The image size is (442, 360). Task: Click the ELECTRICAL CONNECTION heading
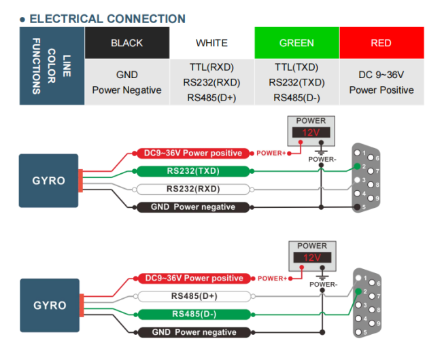[107, 19]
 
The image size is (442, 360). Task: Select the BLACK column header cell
[126, 43]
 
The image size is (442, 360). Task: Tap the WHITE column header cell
[211, 43]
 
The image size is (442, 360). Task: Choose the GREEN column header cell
[296, 43]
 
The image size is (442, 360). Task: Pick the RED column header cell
[381, 43]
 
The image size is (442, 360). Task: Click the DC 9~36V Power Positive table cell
[381, 82]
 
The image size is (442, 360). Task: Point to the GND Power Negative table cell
[126, 82]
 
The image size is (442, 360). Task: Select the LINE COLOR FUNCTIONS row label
[52, 66]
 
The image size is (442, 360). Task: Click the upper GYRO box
[49, 181]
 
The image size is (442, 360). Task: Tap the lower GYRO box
[49, 305]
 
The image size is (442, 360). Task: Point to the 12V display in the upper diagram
[311, 134]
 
